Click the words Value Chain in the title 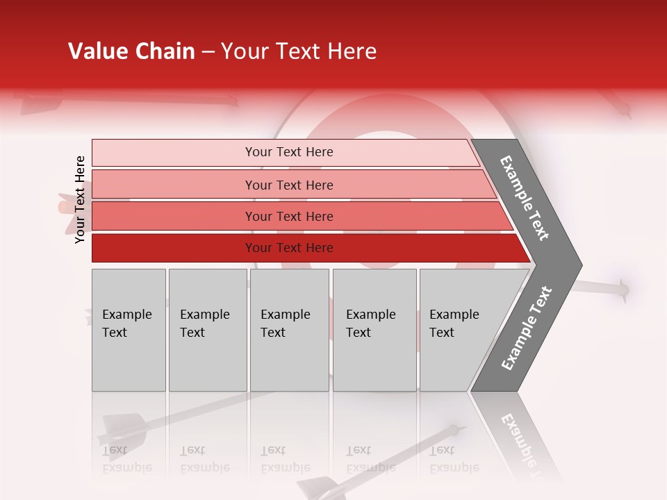pyautogui.click(x=131, y=51)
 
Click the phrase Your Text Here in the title pyautogui.click(x=299, y=51)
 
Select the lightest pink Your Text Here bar pyautogui.click(x=288, y=152)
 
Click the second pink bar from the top pyautogui.click(x=288, y=185)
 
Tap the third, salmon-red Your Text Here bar pyautogui.click(x=288, y=216)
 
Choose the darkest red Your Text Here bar pyautogui.click(x=288, y=248)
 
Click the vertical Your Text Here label pyautogui.click(x=80, y=199)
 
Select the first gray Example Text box pyautogui.click(x=129, y=329)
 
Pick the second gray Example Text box pyautogui.click(x=207, y=329)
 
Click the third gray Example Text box pyautogui.click(x=289, y=329)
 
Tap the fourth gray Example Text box pyautogui.click(x=374, y=329)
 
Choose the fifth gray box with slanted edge pyautogui.click(x=459, y=329)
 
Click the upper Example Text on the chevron pyautogui.click(x=525, y=198)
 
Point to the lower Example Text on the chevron pyautogui.click(x=526, y=328)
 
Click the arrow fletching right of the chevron pyautogui.click(x=620, y=289)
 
